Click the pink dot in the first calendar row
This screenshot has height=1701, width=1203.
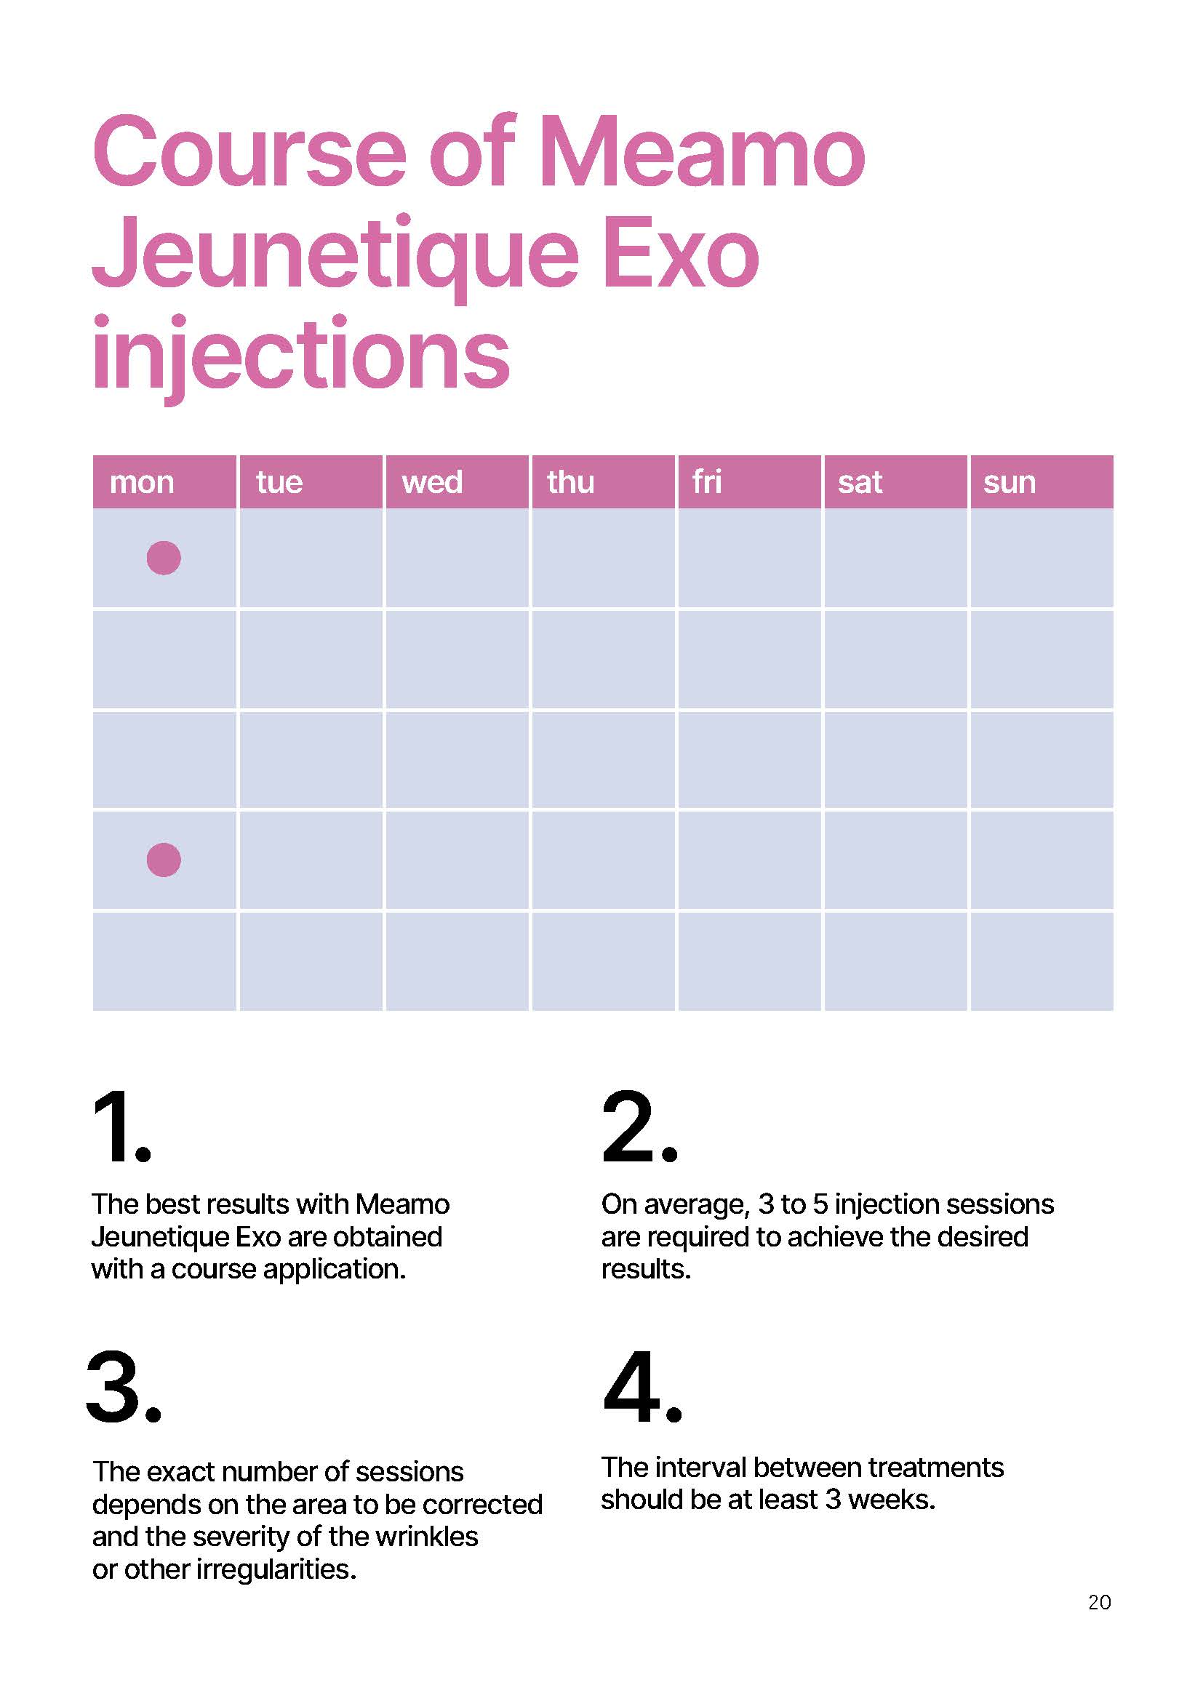pos(164,558)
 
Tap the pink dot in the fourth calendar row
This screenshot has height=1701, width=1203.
pos(164,860)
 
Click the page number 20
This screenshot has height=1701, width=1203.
pos(1099,1603)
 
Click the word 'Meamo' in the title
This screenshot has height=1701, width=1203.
pos(701,152)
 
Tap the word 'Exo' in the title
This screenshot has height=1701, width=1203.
pos(682,252)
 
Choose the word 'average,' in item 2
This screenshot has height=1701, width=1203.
pos(696,1205)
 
